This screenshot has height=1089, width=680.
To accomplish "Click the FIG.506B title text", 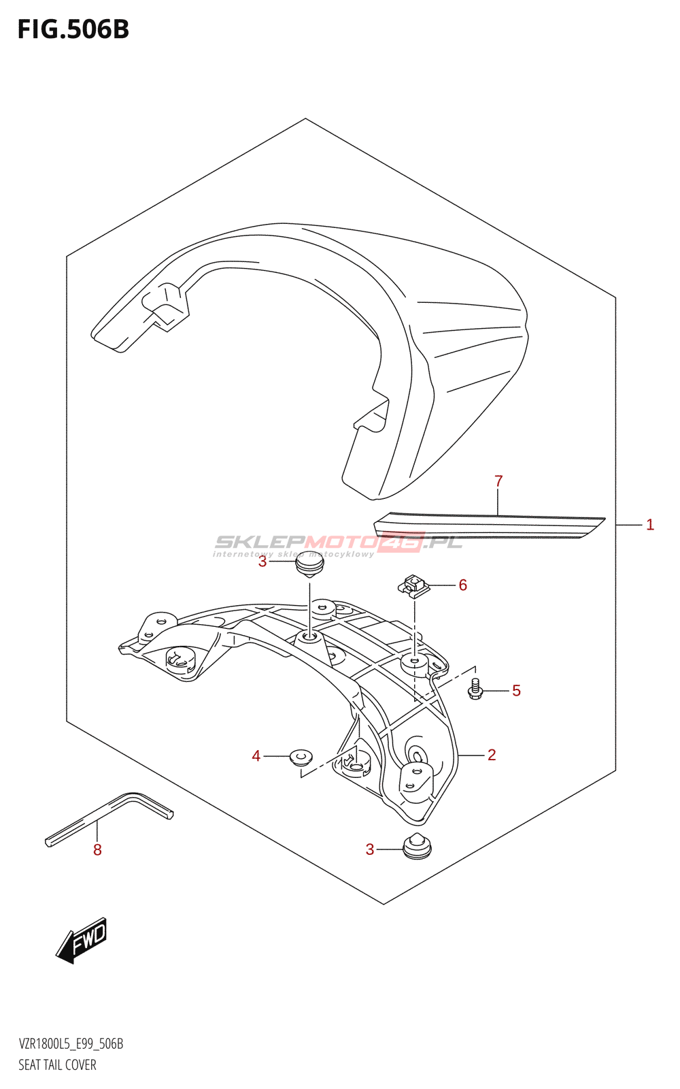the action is (73, 30).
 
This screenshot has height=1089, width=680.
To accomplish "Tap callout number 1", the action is (650, 525).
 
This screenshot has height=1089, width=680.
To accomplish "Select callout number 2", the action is (492, 755).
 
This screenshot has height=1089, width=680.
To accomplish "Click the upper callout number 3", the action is (262, 562).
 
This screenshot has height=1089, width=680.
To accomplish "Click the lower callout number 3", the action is (370, 849).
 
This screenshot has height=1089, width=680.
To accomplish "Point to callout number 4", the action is (256, 756).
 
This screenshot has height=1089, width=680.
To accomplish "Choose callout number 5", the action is (516, 690).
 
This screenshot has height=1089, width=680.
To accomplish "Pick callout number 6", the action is (463, 585).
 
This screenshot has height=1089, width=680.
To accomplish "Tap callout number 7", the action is (498, 481).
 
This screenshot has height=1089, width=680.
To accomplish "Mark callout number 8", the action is (98, 850).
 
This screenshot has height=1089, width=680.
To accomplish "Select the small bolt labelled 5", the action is (475, 690).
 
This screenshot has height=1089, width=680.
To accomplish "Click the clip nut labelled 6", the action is (414, 585).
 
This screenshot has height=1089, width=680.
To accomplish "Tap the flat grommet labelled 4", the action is (301, 757).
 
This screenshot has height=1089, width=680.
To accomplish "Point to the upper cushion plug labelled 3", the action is (309, 568).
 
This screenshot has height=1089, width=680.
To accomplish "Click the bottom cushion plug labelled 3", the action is (417, 847).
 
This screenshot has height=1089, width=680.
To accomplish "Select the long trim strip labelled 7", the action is (489, 525).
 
